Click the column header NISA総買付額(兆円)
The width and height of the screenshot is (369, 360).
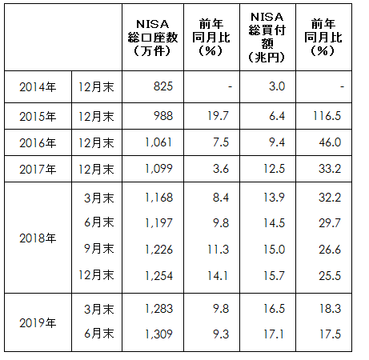coord(268,36)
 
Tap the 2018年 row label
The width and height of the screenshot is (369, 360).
coord(38,238)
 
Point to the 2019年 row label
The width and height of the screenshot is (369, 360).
coord(38,322)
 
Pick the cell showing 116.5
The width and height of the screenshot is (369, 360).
coord(327,115)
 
